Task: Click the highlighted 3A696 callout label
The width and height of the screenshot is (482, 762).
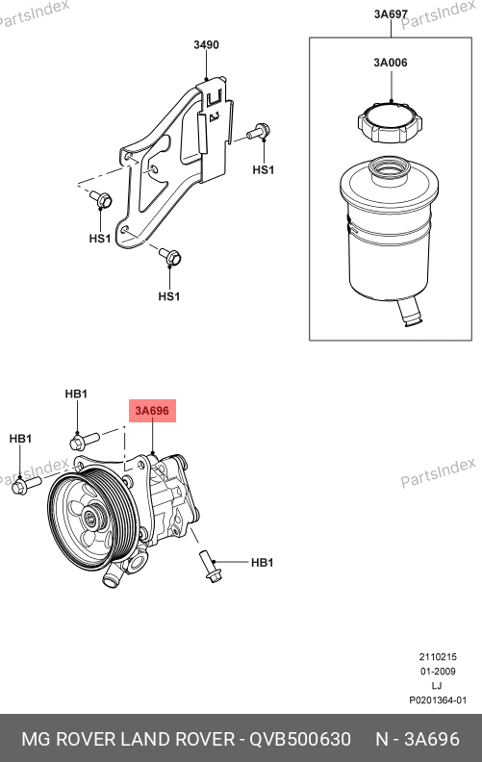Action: pos(152,411)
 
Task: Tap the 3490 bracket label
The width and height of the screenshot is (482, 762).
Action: pos(206,44)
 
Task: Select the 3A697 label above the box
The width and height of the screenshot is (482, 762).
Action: pos(391,14)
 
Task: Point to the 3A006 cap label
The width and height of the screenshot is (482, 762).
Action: pos(391,63)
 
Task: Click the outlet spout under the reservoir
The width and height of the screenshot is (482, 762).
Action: pos(410,313)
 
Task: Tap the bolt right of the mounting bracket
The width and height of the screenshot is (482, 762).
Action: pos(258,131)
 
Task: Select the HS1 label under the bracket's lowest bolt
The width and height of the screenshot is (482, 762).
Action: pos(169,296)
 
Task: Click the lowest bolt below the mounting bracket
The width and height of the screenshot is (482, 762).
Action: pos(170,256)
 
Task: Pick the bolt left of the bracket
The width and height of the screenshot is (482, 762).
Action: pos(102,198)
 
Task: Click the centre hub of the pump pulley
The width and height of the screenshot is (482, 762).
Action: pos(90,518)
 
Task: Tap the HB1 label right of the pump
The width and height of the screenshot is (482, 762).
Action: pos(262,562)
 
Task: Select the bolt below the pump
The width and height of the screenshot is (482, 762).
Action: pos(210,566)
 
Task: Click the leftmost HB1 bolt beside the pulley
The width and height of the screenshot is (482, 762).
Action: pos(27,485)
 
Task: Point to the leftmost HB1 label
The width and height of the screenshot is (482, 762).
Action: pos(20,439)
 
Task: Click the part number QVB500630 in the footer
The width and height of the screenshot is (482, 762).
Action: pos(300,739)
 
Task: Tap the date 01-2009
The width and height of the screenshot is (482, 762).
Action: pos(438,672)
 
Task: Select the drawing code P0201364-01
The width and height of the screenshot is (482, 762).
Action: pos(438,700)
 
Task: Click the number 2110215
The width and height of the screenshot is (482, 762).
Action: pos(438,656)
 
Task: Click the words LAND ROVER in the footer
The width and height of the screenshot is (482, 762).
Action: pos(177,739)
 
